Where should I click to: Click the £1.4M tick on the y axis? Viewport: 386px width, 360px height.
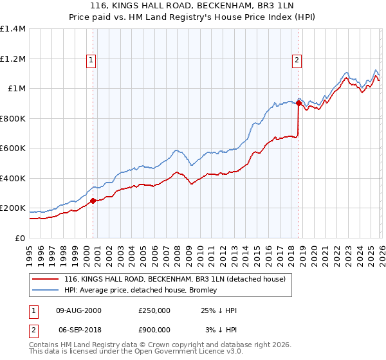(13, 29)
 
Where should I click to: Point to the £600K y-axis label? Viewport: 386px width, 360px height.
(13, 148)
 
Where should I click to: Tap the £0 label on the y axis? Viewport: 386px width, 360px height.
(19, 238)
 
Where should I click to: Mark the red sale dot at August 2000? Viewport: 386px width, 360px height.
(93, 201)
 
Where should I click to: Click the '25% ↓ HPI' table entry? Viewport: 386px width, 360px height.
(219, 310)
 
